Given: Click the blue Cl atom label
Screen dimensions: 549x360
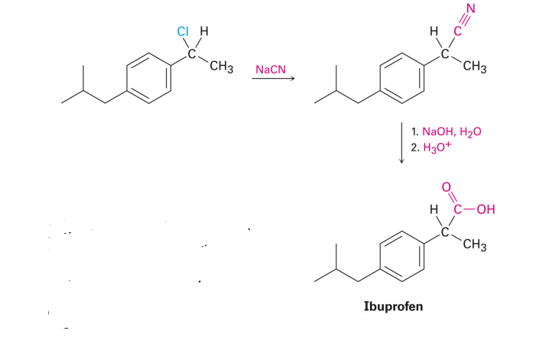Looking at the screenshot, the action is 181,32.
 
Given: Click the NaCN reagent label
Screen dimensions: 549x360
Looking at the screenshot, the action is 269,70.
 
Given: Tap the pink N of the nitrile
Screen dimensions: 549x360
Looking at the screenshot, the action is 471,10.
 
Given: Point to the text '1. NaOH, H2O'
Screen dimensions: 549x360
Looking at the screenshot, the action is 446,131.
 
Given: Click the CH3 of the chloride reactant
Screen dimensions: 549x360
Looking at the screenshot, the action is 221,67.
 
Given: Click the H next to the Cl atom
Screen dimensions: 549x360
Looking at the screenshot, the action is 203,33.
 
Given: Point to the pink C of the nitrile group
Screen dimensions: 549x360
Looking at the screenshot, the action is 458,32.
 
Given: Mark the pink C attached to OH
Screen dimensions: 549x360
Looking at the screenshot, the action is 457,207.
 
